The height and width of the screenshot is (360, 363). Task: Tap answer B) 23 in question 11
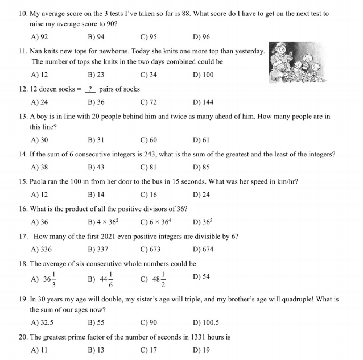tap(96, 75)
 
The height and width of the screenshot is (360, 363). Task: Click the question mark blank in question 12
tap(90, 89)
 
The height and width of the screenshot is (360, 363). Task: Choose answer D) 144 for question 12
tap(203, 102)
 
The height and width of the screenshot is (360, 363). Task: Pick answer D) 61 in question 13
tap(201, 140)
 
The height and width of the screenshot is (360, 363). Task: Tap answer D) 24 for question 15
tap(201, 195)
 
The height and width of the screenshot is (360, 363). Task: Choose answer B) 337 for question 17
tap(97, 249)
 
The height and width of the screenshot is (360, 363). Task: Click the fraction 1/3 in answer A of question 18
tap(53, 279)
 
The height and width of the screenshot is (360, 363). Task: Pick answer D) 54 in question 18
tap(201, 276)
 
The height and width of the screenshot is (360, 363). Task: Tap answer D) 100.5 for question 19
tap(205, 322)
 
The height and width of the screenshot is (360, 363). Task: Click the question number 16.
tap(23, 209)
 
